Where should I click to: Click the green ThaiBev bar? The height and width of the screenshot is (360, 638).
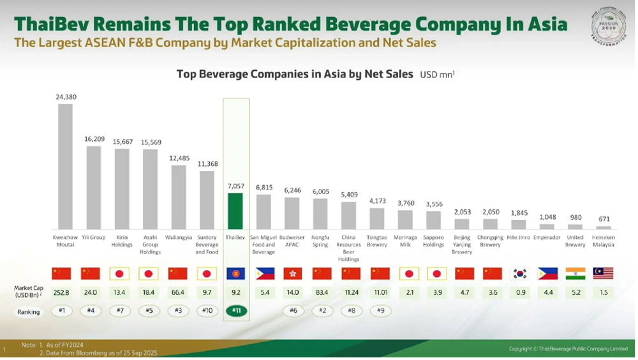coord(235,211)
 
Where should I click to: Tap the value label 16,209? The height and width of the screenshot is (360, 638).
coord(94,139)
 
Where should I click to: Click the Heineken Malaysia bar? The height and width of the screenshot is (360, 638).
coord(603,227)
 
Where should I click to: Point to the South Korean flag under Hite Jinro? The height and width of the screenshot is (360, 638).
coord(520,273)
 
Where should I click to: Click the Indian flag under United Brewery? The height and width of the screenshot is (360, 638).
coord(575,273)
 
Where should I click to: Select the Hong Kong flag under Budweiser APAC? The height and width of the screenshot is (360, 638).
coord(292,273)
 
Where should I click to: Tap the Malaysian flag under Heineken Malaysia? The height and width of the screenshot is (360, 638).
coord(603,273)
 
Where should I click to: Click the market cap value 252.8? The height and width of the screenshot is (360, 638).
coord(61,292)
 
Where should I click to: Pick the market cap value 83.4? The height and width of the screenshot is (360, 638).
coord(320,292)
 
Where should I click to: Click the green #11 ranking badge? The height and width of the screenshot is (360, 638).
coord(235,311)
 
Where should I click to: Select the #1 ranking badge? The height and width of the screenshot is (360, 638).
coord(61,311)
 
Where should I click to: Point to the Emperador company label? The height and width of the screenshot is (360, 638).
coord(547,237)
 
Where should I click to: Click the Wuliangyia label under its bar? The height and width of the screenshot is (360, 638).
coord(178,237)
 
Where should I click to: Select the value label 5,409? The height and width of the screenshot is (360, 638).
coord(348,194)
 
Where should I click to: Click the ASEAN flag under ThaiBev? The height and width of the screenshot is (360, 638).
coord(235,273)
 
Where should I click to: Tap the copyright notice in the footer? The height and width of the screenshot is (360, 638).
coord(568,349)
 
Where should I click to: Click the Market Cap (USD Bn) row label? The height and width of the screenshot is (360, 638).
coord(28,292)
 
